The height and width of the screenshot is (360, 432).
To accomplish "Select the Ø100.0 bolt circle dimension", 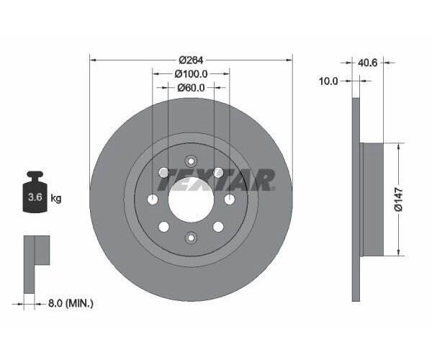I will [x=191, y=73].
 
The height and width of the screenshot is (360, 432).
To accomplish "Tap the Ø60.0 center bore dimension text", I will [x=191, y=88].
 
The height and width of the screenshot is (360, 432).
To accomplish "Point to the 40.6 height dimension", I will [x=368, y=63].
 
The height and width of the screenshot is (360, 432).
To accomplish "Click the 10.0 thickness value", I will [x=328, y=81].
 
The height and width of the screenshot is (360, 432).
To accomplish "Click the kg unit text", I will [x=55, y=198].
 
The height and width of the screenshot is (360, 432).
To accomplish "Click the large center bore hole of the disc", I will [x=191, y=199].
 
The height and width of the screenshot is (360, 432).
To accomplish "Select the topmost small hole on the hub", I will [x=191, y=161].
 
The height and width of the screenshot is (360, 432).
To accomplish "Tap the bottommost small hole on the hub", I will [x=191, y=238].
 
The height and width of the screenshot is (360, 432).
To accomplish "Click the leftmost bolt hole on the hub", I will [x=153, y=199].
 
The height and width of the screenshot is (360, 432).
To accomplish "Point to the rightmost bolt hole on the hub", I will [x=230, y=199].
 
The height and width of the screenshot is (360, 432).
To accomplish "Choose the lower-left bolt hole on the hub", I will [x=164, y=227].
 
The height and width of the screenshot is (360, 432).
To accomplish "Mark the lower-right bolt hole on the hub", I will [x=218, y=227].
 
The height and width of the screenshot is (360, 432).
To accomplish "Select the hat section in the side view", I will [x=372, y=199].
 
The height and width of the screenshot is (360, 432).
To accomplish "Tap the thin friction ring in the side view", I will [x=356, y=199].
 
